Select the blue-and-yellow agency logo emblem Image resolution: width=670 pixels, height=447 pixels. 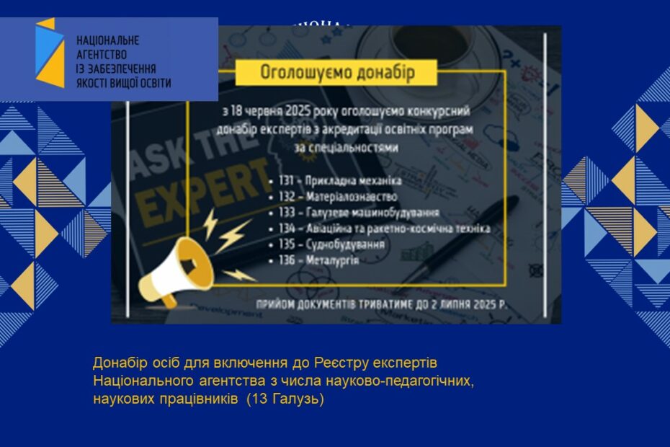(49, 53)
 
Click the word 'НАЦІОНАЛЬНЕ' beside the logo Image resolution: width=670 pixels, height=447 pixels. (107, 40)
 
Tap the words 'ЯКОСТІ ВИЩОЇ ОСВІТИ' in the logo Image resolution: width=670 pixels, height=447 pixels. (123, 83)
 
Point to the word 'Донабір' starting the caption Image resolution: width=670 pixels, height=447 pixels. (117, 361)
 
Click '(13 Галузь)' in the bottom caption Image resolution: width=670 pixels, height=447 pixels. (285, 399)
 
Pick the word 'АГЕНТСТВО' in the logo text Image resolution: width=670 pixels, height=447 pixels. (102, 54)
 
